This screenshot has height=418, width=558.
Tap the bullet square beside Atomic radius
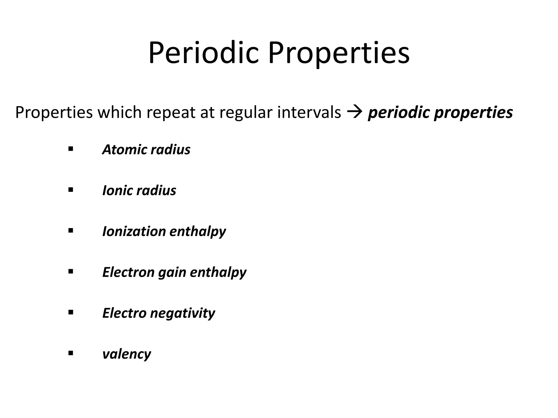tap(71, 149)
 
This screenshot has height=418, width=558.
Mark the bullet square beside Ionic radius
tap(71, 190)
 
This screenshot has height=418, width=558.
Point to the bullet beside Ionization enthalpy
tap(71, 231)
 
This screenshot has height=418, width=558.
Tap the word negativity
tap(182, 313)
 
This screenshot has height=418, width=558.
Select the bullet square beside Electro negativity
tap(71, 312)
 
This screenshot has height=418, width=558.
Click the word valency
tap(126, 354)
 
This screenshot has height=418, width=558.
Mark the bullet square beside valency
tap(71, 353)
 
